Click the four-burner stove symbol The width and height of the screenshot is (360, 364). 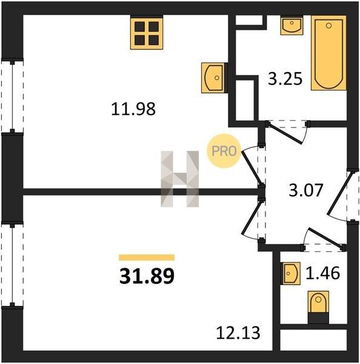(147, 33)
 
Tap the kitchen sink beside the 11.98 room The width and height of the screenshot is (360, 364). (213, 78)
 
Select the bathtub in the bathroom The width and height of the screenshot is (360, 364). (328, 53)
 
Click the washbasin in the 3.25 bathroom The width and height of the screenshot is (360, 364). (292, 25)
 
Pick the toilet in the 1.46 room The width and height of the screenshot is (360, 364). (318, 307)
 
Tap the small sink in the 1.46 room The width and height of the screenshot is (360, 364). (290, 274)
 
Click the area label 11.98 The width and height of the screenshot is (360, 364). (133, 109)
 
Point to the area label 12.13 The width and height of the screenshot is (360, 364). (238, 333)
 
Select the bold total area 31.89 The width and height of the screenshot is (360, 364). (147, 276)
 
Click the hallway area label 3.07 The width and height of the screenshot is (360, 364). (305, 190)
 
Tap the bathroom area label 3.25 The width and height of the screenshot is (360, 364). (285, 78)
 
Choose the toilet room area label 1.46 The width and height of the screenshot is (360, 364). (322, 273)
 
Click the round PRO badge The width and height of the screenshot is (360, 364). (224, 151)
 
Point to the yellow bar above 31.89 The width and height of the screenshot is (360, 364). (147, 258)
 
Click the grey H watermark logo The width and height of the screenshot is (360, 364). (180, 179)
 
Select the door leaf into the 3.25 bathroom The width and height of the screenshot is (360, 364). (285, 133)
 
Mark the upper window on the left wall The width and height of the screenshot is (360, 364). (12, 96)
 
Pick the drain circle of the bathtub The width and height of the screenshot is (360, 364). (328, 25)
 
